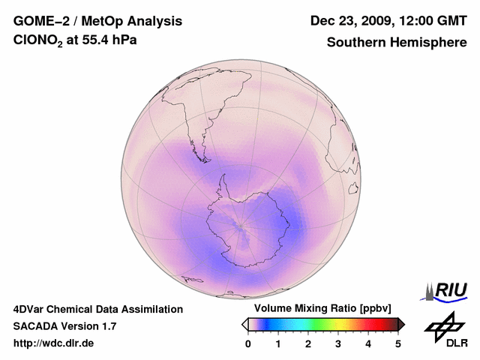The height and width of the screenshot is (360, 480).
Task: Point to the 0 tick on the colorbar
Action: point(248,343)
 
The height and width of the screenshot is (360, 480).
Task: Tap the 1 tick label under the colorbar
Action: point(278,343)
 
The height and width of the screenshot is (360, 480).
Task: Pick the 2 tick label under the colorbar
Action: point(308,343)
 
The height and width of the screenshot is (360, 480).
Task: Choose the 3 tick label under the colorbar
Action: point(338,343)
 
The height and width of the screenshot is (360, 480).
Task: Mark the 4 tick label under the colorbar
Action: point(368,343)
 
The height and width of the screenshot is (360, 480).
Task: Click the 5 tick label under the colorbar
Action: point(398,343)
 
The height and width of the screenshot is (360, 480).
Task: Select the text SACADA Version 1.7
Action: point(64,326)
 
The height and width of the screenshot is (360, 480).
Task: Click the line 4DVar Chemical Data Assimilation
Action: point(97,309)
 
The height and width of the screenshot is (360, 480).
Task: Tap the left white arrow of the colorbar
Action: point(244,324)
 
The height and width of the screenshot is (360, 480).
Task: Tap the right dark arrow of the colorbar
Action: point(401,324)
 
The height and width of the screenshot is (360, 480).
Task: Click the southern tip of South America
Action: point(202,158)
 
